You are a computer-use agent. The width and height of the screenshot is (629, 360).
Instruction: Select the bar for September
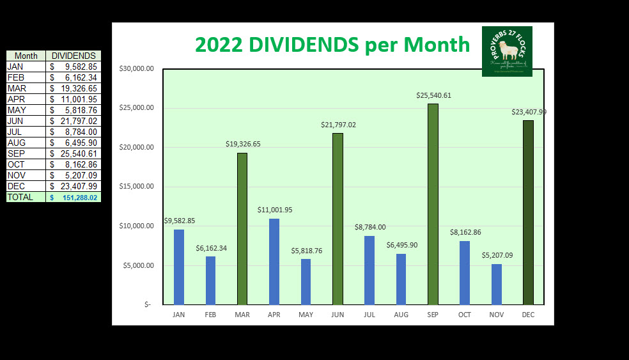tap(433, 204)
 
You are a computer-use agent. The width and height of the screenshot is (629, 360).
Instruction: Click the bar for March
tap(242, 228)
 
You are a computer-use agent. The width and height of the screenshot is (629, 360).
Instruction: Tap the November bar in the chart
tap(497, 284)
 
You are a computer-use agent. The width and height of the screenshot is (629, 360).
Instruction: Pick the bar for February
tap(210, 280)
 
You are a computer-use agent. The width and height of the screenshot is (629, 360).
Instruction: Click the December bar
tap(528, 212)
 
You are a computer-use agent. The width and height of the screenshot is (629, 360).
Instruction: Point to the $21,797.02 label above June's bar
tap(338, 125)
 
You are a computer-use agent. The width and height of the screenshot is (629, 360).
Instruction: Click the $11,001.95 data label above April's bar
tap(275, 210)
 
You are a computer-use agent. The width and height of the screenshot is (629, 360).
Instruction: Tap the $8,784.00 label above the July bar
tap(370, 227)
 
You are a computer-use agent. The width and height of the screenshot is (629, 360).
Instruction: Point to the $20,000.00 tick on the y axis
tap(136, 147)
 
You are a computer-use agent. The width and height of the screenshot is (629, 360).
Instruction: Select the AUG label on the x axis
tap(401, 315)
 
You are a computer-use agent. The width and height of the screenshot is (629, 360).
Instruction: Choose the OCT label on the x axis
tap(465, 315)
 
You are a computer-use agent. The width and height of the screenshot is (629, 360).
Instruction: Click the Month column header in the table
tap(26, 56)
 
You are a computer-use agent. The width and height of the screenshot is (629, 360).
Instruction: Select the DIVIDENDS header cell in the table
tap(74, 56)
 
